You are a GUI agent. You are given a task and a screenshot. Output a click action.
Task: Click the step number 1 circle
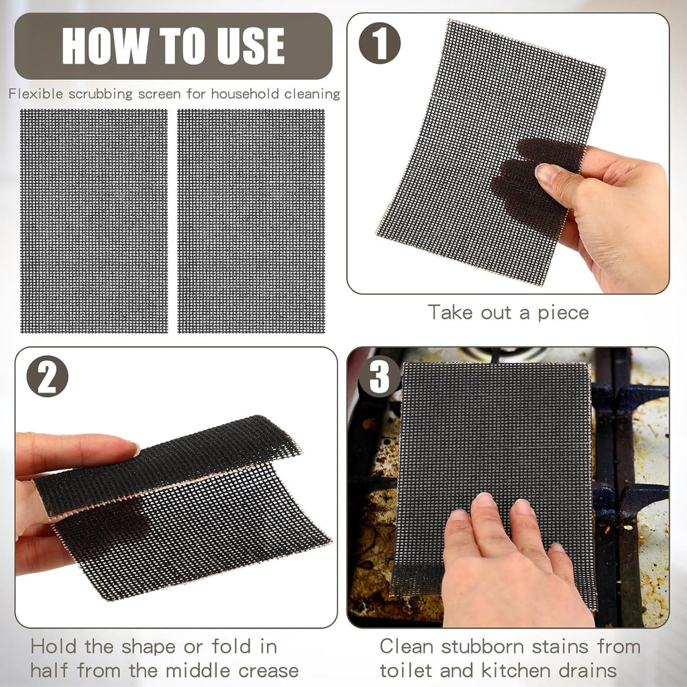pos(380,43)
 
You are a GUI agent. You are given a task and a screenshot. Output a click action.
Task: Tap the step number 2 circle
pos(47,376)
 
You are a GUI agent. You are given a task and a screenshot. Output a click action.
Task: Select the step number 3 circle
pos(379,376)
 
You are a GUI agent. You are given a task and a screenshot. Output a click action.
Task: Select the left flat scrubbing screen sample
pos(94,221)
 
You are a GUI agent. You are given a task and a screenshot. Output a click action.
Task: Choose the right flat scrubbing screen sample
pos(251,221)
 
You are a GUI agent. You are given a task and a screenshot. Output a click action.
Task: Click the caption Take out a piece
pos(508,312)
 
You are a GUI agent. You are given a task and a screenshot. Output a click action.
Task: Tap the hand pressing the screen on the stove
pos(510,570)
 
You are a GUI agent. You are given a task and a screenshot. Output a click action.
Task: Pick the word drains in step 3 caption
pos(584,670)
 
